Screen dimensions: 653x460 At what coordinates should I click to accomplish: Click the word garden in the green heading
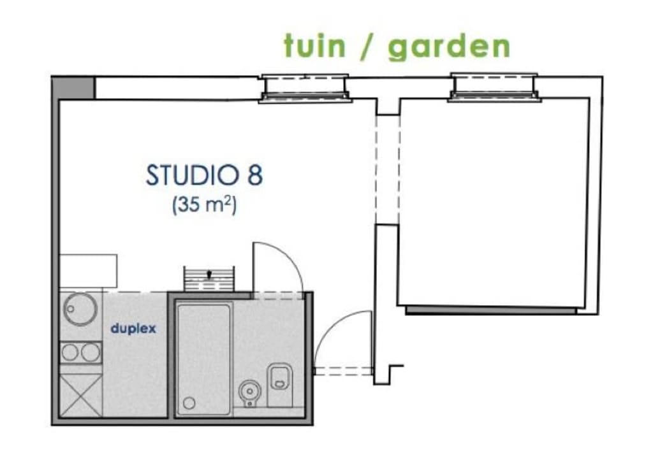pos(449,47)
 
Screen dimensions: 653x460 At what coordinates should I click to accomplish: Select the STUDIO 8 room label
pos(204,175)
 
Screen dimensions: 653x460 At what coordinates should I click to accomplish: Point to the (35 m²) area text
pos(204,206)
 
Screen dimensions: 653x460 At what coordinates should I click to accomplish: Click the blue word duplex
pos(133,329)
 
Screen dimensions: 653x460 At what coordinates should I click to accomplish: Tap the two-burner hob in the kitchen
pos(80,352)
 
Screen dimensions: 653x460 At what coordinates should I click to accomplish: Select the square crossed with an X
pos(80,395)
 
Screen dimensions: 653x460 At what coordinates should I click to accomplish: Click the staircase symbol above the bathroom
pos(209,278)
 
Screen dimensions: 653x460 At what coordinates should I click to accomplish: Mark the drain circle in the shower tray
pos(189,403)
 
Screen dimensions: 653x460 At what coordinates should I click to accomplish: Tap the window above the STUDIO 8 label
pos(305,87)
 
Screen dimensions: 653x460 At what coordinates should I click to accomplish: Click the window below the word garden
pos(494,87)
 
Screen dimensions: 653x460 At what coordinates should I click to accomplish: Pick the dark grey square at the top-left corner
pos(73,87)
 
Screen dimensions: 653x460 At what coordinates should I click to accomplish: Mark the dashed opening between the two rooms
pos(387,169)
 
